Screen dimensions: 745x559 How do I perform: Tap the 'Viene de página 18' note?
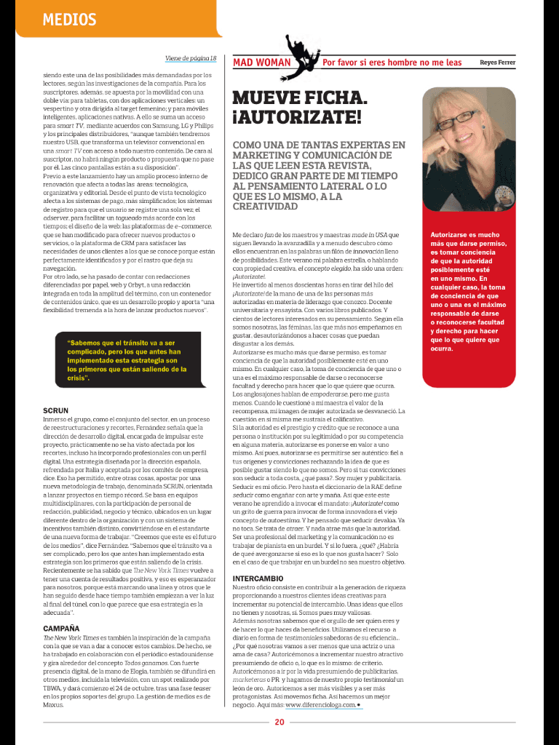(x=191, y=58)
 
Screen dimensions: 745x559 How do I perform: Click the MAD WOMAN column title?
(x=261, y=63)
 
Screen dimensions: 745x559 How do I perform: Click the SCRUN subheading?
(x=56, y=410)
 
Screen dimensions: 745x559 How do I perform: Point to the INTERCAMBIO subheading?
(x=258, y=599)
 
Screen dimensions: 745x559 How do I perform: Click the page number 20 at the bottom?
(x=279, y=722)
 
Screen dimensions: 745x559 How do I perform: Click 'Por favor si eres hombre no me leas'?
(x=392, y=63)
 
